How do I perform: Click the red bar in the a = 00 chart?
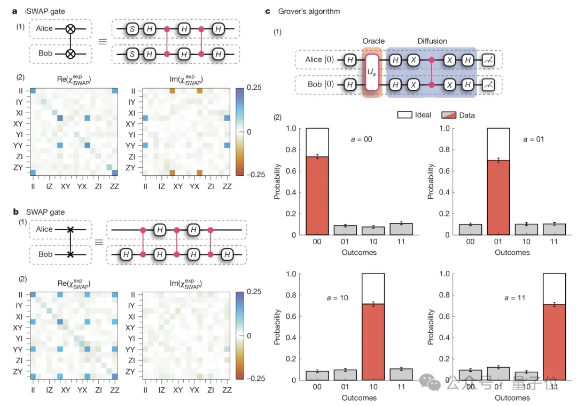(317, 196)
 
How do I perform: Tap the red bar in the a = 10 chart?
(373, 342)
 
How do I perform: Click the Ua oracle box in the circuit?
(373, 71)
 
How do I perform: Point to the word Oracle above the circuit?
(373, 41)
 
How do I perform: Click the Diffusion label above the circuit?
(432, 41)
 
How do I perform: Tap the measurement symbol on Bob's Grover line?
(488, 84)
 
